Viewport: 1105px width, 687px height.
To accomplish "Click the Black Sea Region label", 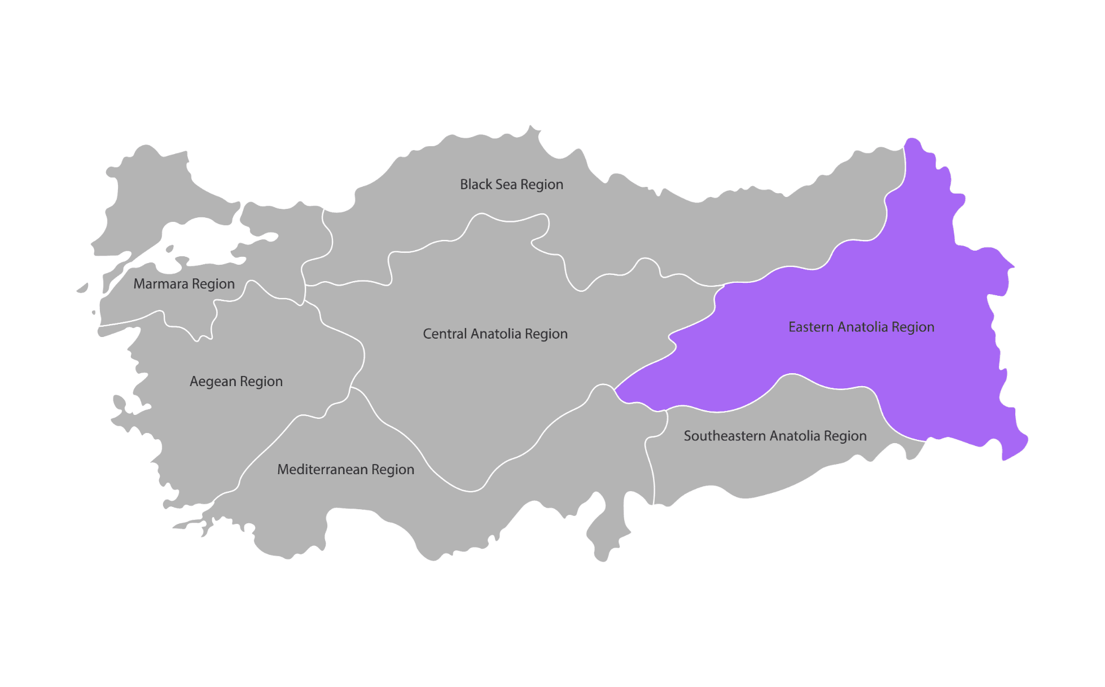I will (x=511, y=185).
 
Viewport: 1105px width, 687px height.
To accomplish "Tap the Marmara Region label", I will (x=183, y=284).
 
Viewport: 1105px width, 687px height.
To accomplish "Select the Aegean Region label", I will (x=236, y=382).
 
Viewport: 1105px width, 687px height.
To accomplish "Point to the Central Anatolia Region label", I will (x=495, y=334).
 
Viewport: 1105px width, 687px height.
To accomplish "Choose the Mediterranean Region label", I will (x=345, y=470).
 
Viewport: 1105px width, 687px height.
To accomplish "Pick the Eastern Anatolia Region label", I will (x=861, y=327).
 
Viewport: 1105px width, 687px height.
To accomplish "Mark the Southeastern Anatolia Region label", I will (x=775, y=436).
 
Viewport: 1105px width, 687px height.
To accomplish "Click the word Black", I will (x=476, y=185).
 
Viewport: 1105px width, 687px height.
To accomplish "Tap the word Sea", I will (x=506, y=185).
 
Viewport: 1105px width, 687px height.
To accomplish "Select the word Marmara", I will (x=160, y=284).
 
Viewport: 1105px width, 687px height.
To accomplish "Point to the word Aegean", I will (x=213, y=382).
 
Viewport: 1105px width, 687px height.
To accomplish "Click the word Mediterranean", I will (x=322, y=470).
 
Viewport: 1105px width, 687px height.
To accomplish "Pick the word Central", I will (x=445, y=334).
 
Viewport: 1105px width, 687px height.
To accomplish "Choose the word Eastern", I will (x=810, y=327).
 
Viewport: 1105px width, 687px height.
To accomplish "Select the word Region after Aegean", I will (x=261, y=382).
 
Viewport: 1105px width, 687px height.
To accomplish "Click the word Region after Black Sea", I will (x=542, y=185).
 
